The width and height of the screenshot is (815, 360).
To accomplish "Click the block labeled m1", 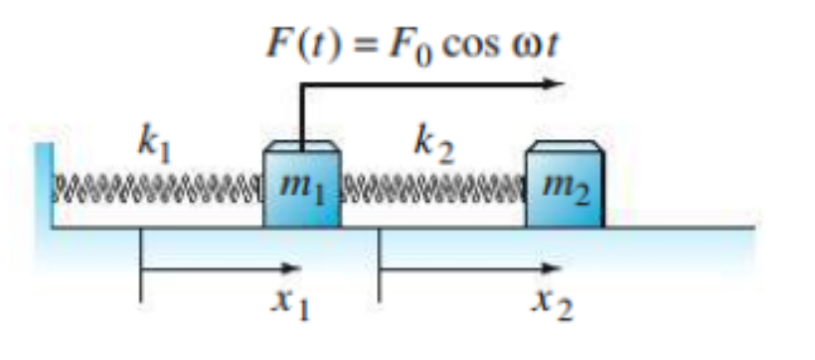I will coord(302,189).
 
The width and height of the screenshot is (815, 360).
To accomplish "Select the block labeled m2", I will coord(564,189).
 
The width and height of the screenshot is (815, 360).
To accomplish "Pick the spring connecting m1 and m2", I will coord(434,186).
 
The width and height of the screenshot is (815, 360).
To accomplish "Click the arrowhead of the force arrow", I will coord(554,85).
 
